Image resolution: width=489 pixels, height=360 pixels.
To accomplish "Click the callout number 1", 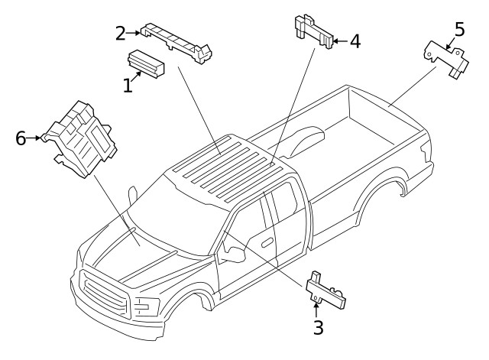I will [128, 85].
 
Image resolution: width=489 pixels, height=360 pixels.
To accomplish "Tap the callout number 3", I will [318, 328].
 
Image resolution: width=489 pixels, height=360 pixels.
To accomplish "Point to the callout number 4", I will [355, 41].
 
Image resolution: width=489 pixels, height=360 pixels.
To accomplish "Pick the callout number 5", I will [458, 29].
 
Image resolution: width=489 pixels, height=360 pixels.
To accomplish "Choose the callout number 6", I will [21, 138].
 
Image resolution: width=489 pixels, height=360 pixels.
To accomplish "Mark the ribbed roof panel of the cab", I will [225, 164].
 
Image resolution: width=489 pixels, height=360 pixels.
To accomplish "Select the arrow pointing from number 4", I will [338, 41].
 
